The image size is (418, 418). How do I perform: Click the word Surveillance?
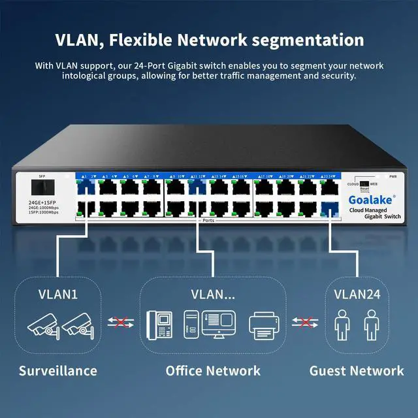point(57,371)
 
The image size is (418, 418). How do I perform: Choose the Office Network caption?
point(213,371)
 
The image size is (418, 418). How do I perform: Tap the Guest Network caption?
point(357,371)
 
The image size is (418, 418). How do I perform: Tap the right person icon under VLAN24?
point(370,325)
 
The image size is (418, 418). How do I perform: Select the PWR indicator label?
point(393,176)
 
